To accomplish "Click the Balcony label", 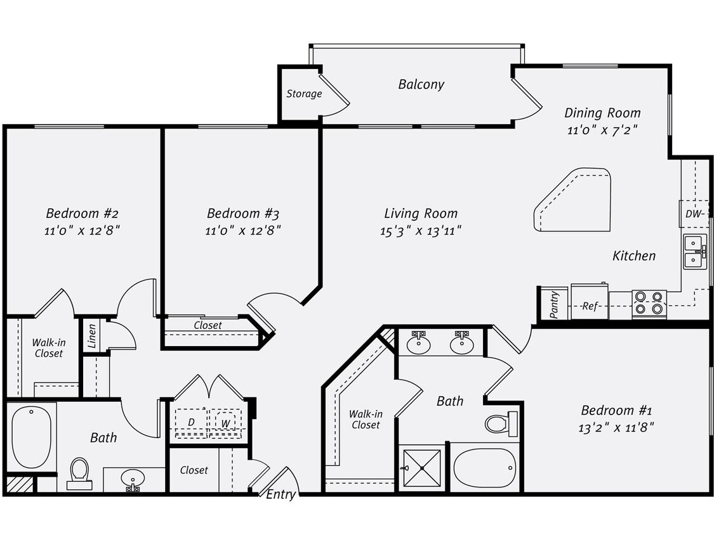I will click(x=421, y=84).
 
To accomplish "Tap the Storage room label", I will click(x=304, y=94).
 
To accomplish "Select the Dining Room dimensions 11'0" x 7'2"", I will click(x=602, y=130).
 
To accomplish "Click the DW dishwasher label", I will click(x=693, y=214).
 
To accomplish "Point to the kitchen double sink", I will click(x=695, y=251).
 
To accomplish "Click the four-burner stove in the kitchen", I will click(x=649, y=304).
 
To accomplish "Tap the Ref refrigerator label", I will click(x=590, y=306).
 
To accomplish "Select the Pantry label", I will click(x=555, y=304).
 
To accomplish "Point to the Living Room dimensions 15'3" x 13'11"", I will click(x=421, y=231).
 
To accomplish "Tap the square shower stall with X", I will click(x=422, y=468).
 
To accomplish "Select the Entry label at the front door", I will click(x=281, y=494).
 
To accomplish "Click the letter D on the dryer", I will click(x=190, y=422).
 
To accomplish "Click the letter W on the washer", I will click(x=225, y=423).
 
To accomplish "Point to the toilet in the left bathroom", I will click(x=79, y=473).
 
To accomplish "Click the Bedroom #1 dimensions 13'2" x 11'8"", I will click(x=616, y=427).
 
